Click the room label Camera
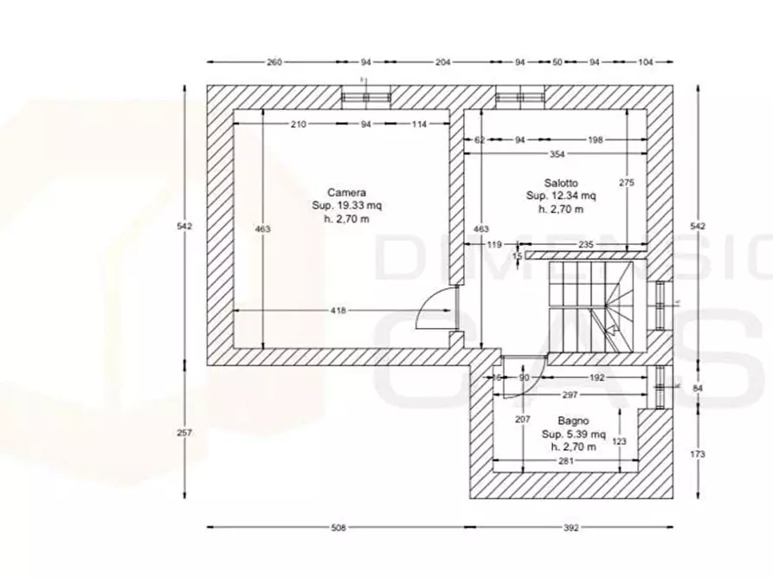tap(346, 192)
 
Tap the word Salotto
tap(562, 184)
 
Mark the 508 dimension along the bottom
tap(338, 527)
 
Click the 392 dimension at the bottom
tap(570, 527)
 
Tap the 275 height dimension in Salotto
tap(627, 183)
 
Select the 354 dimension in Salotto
tap(556, 153)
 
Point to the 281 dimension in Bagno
tap(565, 461)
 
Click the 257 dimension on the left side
tap(184, 433)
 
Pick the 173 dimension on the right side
tap(699, 454)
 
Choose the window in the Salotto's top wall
tap(519, 97)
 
